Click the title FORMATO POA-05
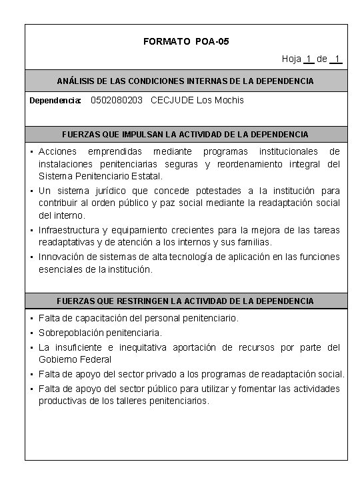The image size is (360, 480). (186, 41)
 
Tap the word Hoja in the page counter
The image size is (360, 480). (291, 59)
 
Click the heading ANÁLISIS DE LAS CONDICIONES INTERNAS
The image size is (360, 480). (185, 81)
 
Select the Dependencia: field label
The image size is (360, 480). (55, 101)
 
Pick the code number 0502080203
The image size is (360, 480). (116, 100)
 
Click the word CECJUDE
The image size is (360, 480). (173, 100)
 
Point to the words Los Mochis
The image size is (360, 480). (221, 100)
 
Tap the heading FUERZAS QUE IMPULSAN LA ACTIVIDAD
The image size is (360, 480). (185, 134)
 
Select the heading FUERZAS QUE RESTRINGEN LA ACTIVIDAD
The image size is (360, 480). (185, 301)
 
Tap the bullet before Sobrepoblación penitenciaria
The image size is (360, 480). (32, 333)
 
